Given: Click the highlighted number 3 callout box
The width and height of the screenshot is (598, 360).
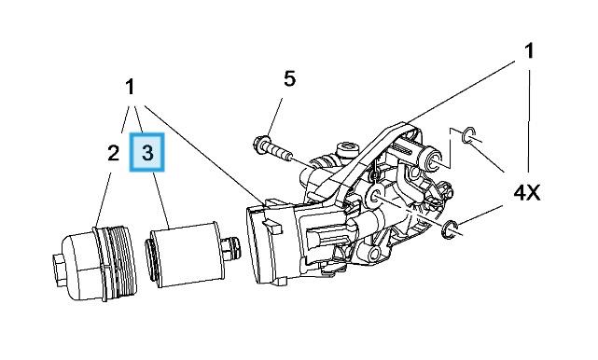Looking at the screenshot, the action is tap(146, 152).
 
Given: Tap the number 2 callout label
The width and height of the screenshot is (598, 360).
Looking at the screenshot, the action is tap(113, 153).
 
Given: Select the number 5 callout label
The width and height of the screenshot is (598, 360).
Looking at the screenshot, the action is tap(289, 78).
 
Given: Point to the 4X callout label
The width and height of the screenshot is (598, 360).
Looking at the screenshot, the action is tap(527, 193).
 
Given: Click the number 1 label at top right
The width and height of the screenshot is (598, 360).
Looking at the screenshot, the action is tap(529, 51).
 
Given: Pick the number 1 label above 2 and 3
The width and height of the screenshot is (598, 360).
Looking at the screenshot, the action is tap(130, 87).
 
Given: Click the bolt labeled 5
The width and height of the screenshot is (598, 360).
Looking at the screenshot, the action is tap(273, 149).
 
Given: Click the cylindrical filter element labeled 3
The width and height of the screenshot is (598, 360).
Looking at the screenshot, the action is tap(187, 254).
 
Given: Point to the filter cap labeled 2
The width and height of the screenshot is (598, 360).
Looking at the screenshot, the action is tap(95, 263).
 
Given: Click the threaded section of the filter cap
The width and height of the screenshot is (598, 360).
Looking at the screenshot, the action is tap(121, 260).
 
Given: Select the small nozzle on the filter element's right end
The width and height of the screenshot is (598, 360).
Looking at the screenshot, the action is tap(231, 249).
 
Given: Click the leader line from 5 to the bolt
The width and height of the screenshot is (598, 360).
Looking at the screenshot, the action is tap(274, 117).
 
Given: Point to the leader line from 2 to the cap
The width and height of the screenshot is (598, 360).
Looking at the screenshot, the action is tap(104, 201).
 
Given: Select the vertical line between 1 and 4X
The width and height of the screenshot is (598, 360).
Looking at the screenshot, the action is tap(529, 120).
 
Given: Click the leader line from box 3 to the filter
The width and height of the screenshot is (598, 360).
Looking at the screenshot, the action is tap(160, 201).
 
